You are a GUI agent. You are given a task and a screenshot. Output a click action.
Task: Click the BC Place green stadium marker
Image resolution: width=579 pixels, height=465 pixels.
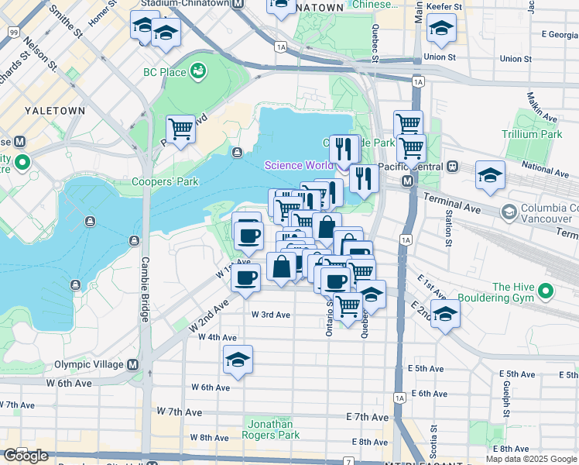(x=199, y=71)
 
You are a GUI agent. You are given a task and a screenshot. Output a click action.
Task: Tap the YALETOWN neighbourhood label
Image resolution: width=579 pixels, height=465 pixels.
(x=54, y=111)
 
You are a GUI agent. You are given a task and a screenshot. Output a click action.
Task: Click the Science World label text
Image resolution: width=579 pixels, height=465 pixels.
(x=299, y=165)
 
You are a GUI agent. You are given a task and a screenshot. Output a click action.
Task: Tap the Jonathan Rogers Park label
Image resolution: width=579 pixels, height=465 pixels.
(x=270, y=429)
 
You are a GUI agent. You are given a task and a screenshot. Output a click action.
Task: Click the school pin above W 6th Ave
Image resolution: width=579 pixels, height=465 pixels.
(x=238, y=359)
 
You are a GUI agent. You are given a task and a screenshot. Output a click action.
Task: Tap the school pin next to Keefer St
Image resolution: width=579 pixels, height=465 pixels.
(x=441, y=28)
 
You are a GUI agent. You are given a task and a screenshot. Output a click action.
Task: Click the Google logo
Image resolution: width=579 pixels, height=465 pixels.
(x=26, y=456)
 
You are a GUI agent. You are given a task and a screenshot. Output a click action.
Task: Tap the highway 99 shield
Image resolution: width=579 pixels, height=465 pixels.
(x=14, y=32)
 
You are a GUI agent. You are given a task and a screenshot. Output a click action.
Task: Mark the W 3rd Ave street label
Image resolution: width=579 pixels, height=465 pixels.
(x=271, y=315)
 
